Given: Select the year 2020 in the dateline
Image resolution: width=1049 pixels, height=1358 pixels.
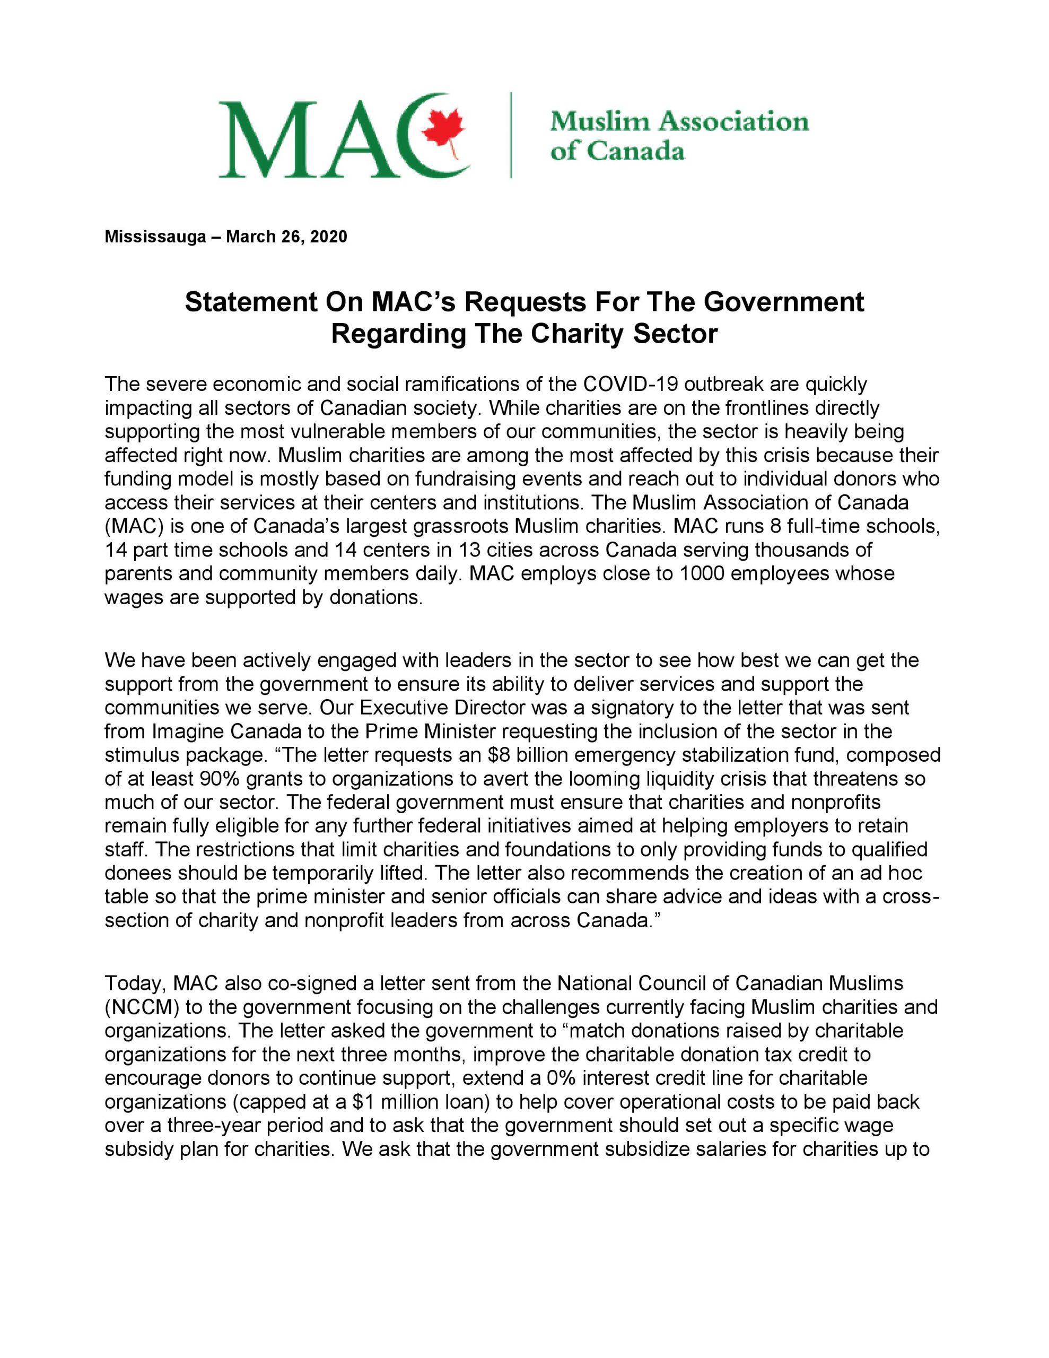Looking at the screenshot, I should click(328, 237).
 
